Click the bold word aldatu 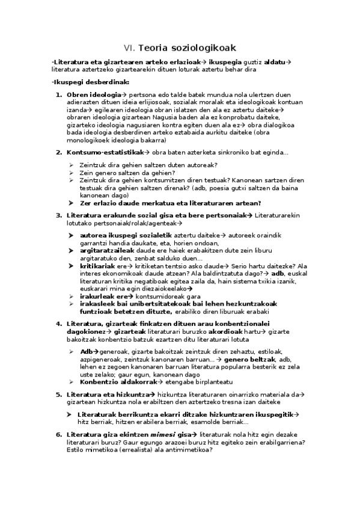pos(275,62)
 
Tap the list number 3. pos(59,215)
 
